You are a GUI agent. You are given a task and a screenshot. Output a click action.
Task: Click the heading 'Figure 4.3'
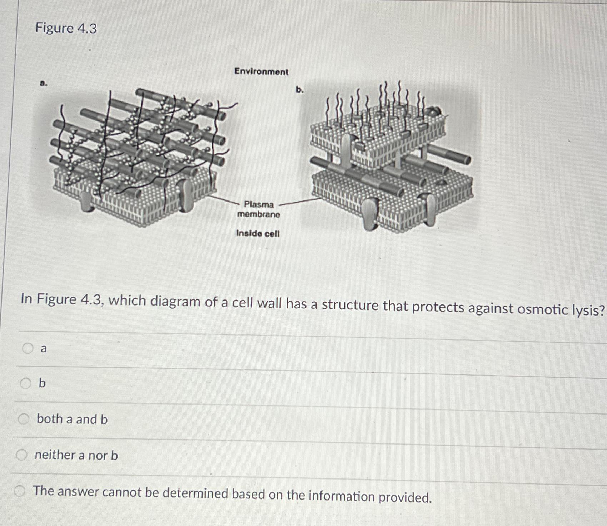click(66, 28)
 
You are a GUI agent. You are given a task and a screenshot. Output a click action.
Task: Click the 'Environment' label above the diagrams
click(261, 72)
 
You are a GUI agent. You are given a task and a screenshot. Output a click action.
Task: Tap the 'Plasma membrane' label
click(259, 209)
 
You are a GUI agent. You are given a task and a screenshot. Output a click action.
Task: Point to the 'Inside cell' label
click(258, 234)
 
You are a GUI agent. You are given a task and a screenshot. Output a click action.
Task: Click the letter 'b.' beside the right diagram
click(300, 90)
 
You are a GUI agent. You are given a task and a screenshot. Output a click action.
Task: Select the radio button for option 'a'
click(28, 348)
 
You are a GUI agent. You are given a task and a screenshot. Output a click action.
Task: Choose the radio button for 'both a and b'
click(24, 419)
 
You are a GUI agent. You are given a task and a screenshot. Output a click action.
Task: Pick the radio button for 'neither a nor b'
click(22, 455)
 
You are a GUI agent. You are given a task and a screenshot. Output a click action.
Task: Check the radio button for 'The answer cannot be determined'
click(20, 492)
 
